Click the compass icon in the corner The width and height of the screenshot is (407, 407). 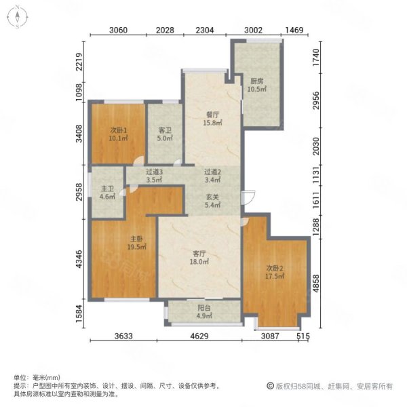[18, 17]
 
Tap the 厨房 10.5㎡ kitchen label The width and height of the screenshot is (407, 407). [256, 85]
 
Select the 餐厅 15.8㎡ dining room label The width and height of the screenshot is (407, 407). [212, 119]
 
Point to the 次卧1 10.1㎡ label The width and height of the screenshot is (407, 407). [118, 134]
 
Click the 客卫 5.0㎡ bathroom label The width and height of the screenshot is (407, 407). [165, 134]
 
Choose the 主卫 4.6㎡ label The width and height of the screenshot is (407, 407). [107, 193]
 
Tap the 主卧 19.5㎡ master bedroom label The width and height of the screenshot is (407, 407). [136, 243]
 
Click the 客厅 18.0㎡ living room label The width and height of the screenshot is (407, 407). [199, 258]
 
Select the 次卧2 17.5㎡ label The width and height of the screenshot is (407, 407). [274, 272]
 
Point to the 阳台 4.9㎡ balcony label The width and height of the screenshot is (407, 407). [204, 312]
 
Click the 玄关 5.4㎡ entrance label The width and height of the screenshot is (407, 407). [212, 201]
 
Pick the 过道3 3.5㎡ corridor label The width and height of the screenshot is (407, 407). [154, 176]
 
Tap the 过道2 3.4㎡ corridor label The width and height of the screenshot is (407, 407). [212, 176]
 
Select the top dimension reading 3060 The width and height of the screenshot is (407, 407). [118, 30]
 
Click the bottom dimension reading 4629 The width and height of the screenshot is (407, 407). [199, 336]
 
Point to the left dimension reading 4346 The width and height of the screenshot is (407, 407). [79, 259]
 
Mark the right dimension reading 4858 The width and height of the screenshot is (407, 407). [315, 283]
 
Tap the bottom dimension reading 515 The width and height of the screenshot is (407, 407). [303, 336]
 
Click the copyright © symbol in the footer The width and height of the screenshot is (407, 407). [270, 386]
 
